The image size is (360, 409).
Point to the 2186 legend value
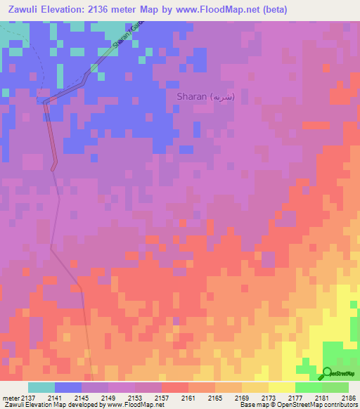click(x=347, y=398)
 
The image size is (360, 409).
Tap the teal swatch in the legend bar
click(x=41, y=387)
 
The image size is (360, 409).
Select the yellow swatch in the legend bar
click(x=281, y=387)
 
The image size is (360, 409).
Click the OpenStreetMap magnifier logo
click(x=328, y=372)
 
